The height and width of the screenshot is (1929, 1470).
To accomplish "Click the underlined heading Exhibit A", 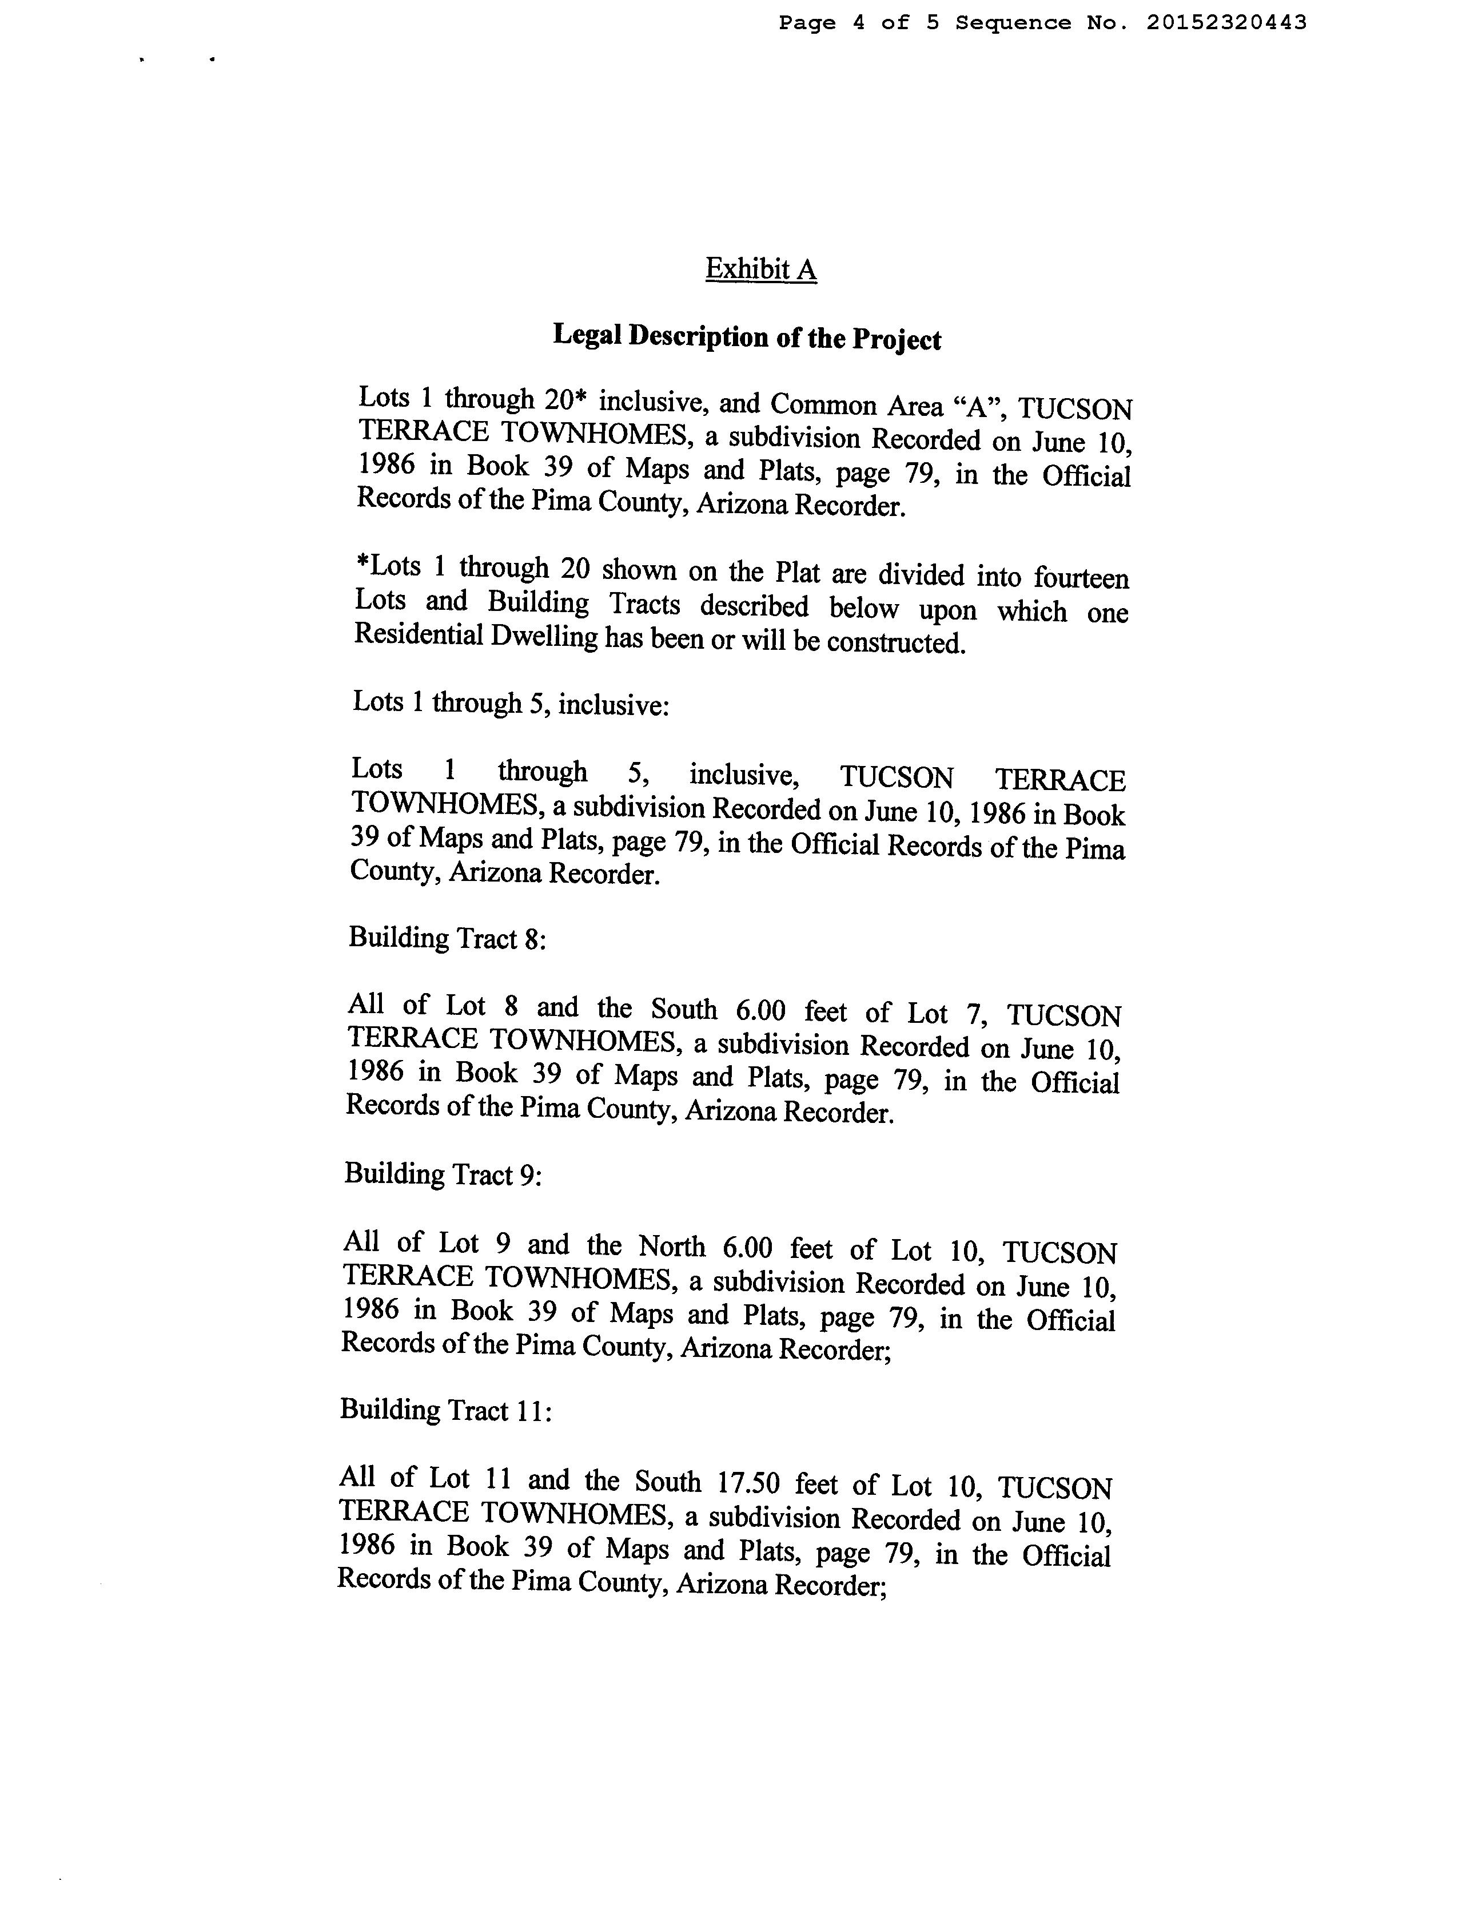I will (760, 269).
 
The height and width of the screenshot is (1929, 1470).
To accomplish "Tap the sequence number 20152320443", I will (1226, 23).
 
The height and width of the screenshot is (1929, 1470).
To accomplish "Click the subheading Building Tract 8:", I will (447, 938).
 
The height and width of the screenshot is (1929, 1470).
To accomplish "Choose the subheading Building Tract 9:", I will (443, 1174).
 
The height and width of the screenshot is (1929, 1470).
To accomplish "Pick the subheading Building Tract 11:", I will (445, 1410).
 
